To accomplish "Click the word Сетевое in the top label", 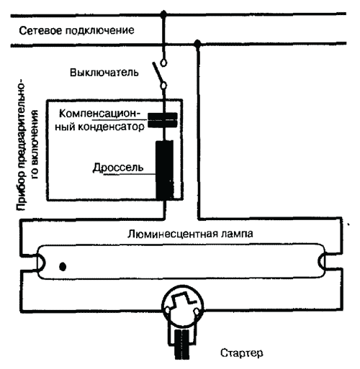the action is pyautogui.click(x=40, y=31).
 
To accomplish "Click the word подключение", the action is pyautogui.click(x=99, y=31).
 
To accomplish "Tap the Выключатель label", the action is pyautogui.click(x=104, y=73).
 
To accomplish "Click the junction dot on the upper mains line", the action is pyautogui.click(x=163, y=14).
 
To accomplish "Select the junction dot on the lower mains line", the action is pyautogui.click(x=197, y=43).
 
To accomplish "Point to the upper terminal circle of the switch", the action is pyautogui.click(x=163, y=63).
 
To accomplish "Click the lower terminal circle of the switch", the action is pyautogui.click(x=163, y=86).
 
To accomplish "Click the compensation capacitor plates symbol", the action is pyautogui.click(x=163, y=120).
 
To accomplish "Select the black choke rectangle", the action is pyautogui.click(x=164, y=170).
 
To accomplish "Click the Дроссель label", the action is pyautogui.click(x=118, y=168).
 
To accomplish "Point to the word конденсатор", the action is pyautogui.click(x=111, y=127).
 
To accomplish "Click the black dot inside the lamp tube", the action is pyautogui.click(x=63, y=266).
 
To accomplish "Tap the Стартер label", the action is pyautogui.click(x=242, y=353).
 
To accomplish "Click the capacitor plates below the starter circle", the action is pyautogui.click(x=181, y=345).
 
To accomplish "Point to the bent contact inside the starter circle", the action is pyautogui.click(x=183, y=299).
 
